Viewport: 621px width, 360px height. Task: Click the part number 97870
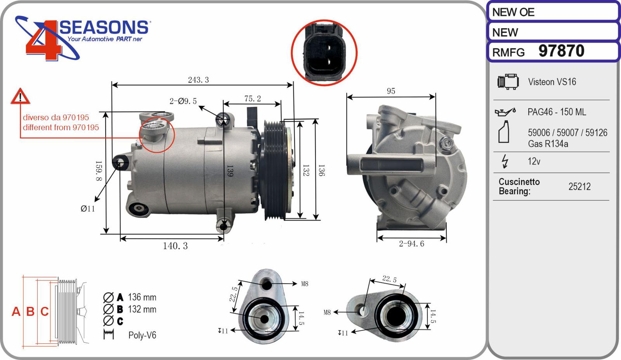click(x=561, y=51)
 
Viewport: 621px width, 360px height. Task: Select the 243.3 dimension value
click(x=198, y=80)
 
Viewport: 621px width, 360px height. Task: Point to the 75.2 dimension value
click(x=253, y=99)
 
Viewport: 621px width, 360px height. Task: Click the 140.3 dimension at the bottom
click(x=175, y=246)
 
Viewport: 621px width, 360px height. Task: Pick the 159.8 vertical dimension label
click(x=99, y=171)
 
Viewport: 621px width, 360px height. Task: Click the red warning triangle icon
click(x=20, y=96)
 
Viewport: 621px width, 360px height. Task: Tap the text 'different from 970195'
click(x=61, y=127)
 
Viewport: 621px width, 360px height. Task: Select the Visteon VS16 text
click(x=552, y=82)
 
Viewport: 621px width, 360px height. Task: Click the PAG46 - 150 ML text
click(x=557, y=112)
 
